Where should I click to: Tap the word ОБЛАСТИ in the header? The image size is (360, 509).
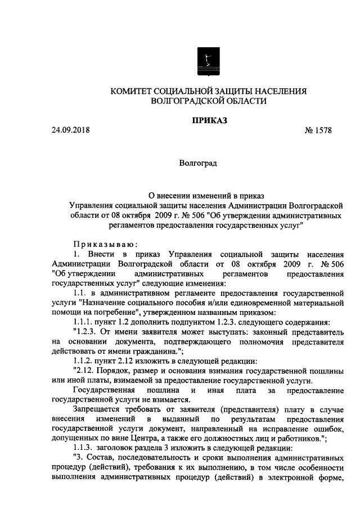pyautogui.click(x=236, y=101)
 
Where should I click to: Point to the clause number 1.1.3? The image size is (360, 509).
pyautogui.click(x=86, y=449)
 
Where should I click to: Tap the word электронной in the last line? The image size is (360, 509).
pyautogui.click(x=295, y=479)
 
